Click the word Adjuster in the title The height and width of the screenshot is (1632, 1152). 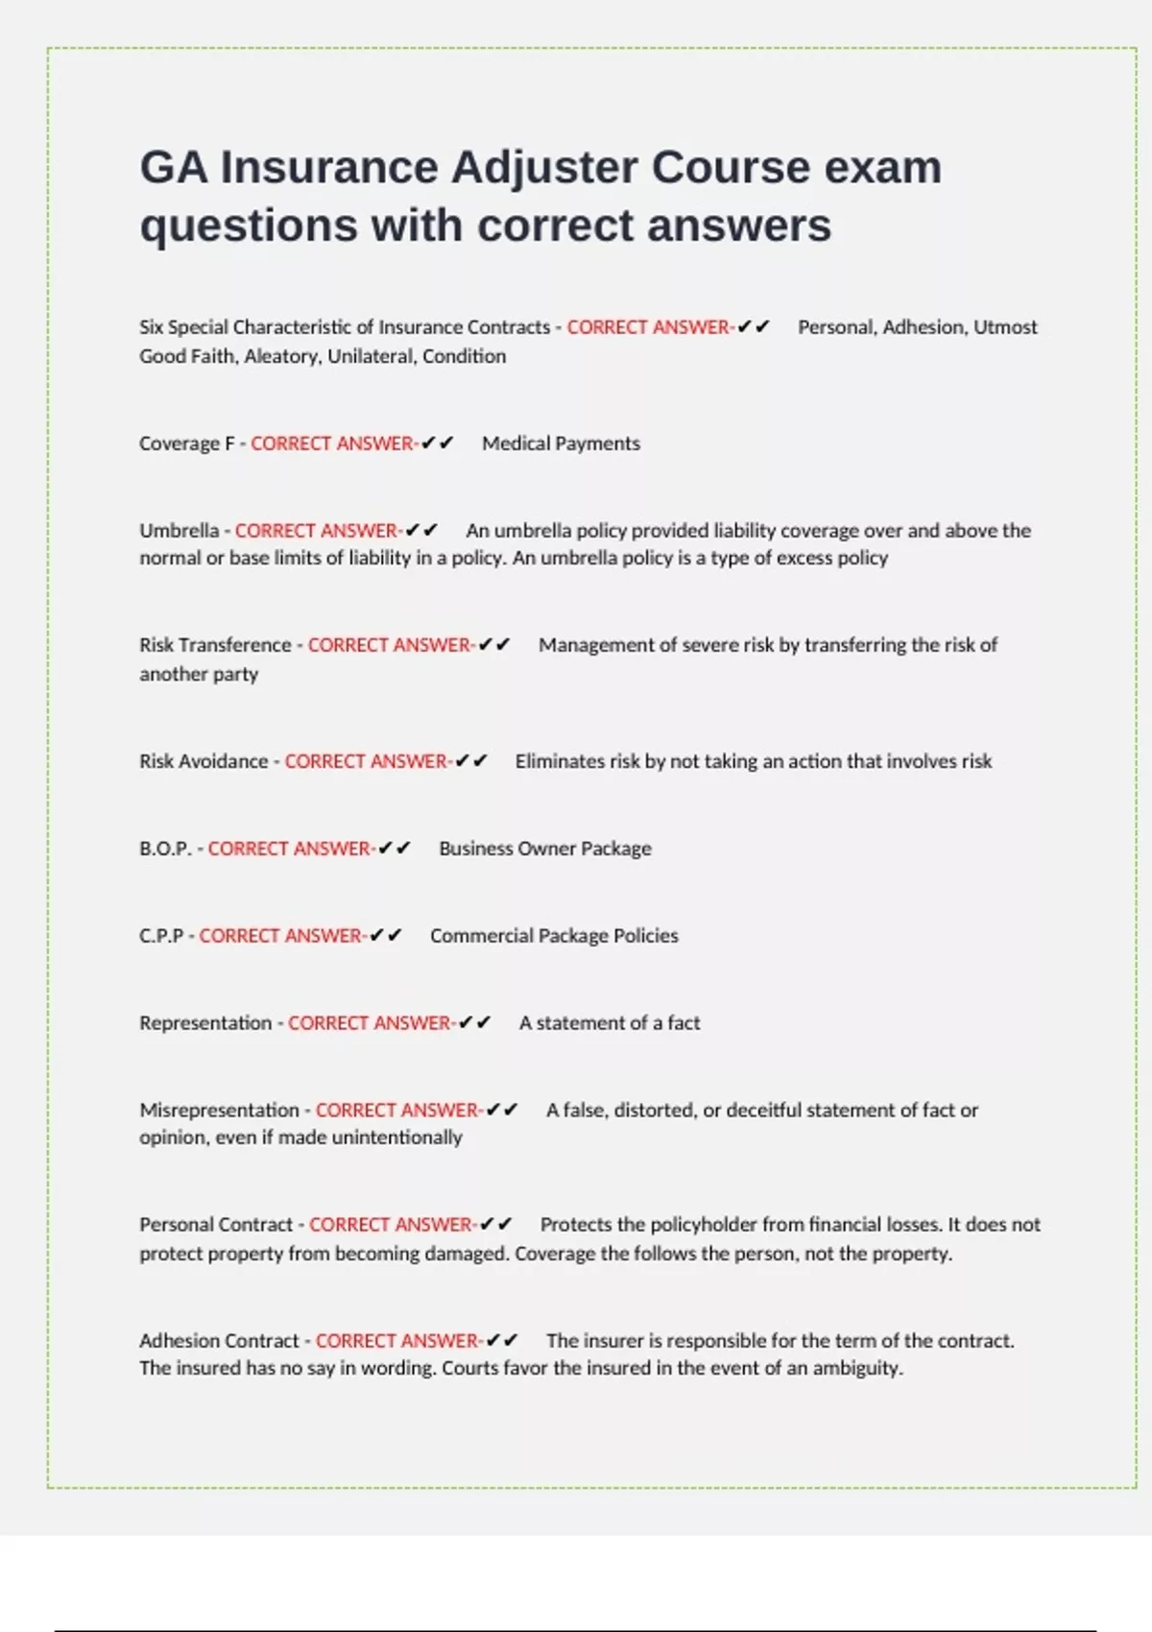(543, 168)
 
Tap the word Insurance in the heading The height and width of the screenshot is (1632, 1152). (329, 168)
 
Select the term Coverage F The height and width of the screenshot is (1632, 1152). (186, 444)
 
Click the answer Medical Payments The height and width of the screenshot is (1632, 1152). (561, 444)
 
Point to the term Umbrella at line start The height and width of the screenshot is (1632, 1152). (179, 531)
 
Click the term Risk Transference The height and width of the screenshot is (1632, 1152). (215, 645)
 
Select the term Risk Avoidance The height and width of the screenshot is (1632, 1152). (204, 761)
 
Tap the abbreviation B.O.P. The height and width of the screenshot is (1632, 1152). (165, 849)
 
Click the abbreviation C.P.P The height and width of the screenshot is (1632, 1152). (161, 936)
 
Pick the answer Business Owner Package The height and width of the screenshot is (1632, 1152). (544, 849)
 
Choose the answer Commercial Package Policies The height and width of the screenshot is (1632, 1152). (554, 936)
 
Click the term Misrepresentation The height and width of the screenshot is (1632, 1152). (219, 1111)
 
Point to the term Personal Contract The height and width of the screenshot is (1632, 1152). (216, 1225)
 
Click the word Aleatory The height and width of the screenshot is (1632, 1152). (280, 357)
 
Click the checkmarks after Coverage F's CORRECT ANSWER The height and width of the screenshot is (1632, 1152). (437, 444)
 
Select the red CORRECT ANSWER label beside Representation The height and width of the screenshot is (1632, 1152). (371, 1023)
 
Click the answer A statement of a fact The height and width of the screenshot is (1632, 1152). (609, 1023)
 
